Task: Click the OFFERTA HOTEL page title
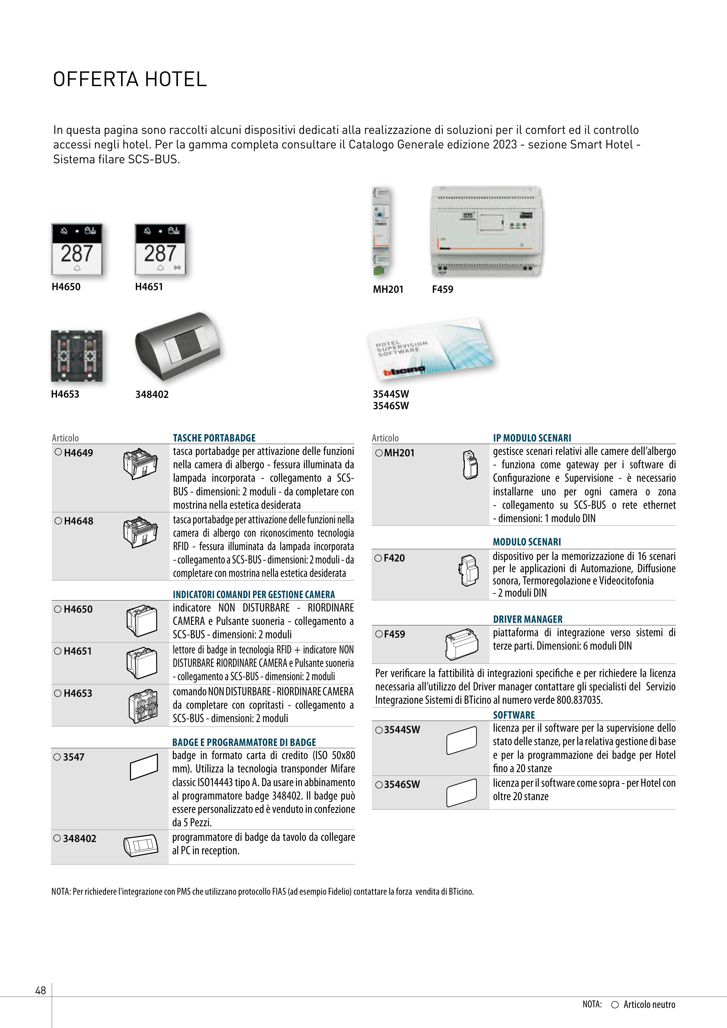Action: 130,79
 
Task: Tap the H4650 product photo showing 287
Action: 77,249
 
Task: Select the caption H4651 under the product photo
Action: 149,287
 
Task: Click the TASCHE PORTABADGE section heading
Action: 214,438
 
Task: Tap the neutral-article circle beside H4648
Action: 58,521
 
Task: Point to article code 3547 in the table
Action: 73,757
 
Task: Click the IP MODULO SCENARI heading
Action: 532,438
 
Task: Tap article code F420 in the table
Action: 394,558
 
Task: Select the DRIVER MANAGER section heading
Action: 528,619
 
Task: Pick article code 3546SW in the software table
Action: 402,784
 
